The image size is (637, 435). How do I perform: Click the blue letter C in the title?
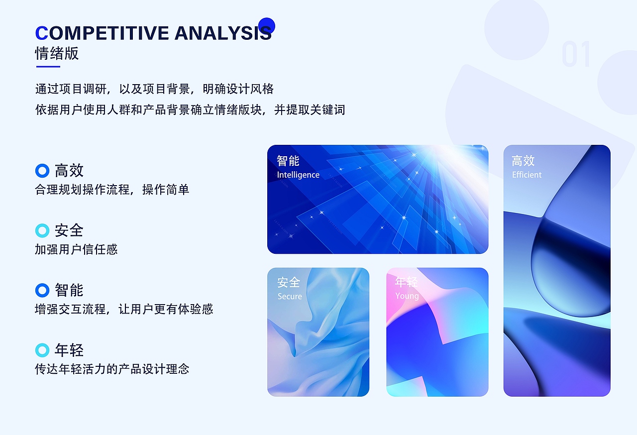pos(42,33)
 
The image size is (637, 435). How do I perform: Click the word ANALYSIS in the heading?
pos(223,33)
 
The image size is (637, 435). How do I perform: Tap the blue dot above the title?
pos(267,26)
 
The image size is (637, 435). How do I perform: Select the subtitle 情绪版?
pos(57,53)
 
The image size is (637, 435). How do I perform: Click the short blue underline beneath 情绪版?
pos(48,66)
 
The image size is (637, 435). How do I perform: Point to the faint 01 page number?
pos(576,55)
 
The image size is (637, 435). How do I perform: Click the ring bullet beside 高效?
pos(42,171)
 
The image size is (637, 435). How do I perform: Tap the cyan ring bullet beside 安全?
pos(42,230)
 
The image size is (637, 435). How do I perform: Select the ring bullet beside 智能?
pos(42,290)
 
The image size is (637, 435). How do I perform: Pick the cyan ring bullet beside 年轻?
pos(42,350)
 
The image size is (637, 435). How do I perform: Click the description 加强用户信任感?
pos(76,249)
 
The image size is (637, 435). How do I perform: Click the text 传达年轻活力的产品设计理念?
pos(112,369)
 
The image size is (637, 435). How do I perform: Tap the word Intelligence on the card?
pos(298,175)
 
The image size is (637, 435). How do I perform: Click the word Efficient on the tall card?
pos(527,175)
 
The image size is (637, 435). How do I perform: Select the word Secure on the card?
pos(290,297)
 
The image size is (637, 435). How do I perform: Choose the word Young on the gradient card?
pos(407,296)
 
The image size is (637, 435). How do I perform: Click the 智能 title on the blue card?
pos(288,161)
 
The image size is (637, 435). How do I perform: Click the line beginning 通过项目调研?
pos(154,89)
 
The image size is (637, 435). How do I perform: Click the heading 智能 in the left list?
pos(69,290)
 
